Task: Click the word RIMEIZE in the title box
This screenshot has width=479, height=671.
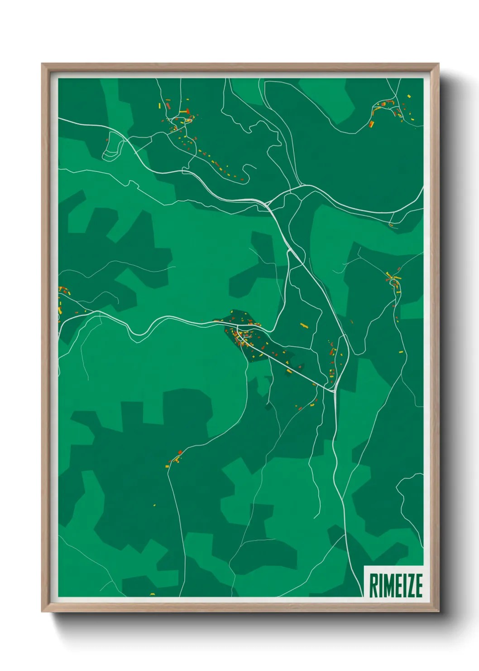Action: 396,585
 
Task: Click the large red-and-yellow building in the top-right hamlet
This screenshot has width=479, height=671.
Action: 372,123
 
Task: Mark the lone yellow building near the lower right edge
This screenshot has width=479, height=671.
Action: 401,351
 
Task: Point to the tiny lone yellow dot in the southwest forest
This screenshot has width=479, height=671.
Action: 154,505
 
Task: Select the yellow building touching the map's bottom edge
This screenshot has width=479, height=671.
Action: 152,594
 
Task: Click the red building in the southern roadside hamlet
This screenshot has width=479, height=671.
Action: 180,452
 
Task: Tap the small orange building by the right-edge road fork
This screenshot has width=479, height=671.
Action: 391,224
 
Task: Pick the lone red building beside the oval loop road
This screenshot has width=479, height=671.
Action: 107,140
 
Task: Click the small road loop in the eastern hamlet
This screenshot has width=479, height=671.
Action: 392,283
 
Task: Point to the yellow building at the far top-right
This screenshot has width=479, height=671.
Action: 409,97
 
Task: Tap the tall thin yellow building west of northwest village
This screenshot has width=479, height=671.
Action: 159,106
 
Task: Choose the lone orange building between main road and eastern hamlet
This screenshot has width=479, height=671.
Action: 351,322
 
